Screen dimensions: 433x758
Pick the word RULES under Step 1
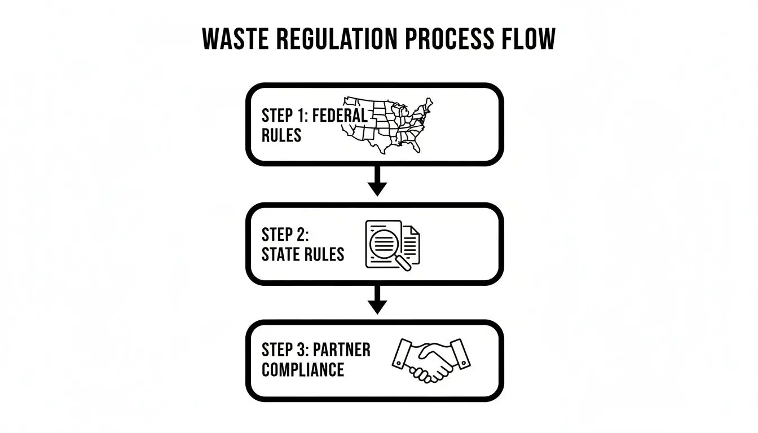281,136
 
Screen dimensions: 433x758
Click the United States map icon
389,126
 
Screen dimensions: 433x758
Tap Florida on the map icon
416,147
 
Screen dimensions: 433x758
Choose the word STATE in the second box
281,254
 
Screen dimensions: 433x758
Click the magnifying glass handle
404,263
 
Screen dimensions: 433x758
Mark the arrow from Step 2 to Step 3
377,299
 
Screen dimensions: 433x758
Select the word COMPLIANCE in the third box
303,370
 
